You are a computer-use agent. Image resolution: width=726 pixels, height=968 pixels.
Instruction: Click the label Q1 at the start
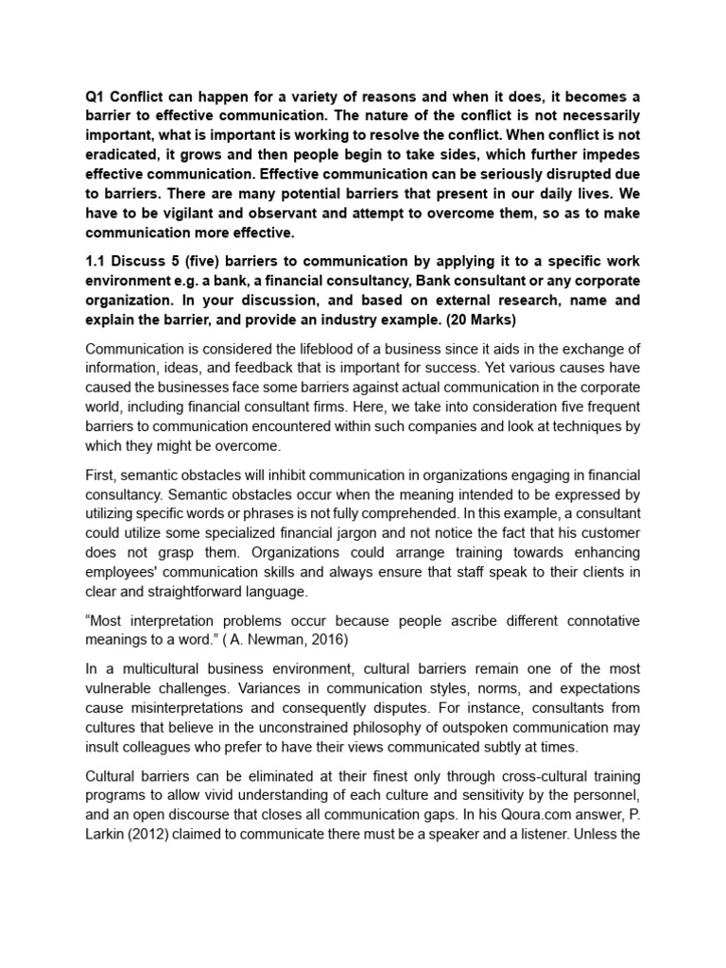coord(95,95)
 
